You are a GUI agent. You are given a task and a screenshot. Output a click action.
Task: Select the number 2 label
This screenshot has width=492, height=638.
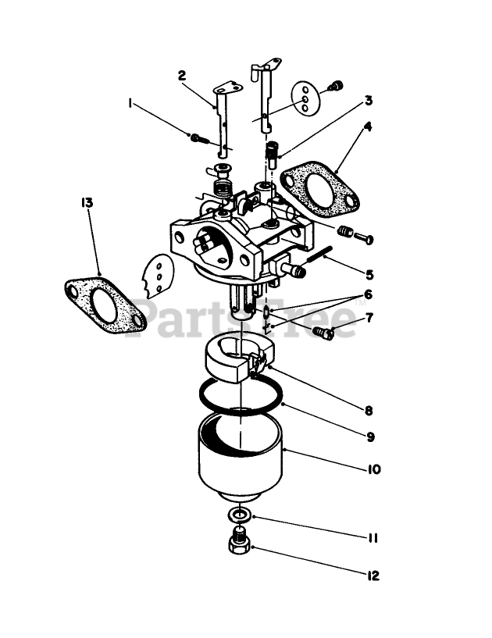[182, 76]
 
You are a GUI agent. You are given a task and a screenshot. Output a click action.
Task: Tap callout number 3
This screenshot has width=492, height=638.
[368, 101]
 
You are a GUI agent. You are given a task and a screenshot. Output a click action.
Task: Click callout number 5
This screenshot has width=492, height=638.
[369, 274]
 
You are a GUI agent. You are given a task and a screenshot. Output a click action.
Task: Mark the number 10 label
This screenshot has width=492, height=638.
[373, 469]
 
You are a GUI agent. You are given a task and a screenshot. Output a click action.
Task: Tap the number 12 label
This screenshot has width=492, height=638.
[373, 576]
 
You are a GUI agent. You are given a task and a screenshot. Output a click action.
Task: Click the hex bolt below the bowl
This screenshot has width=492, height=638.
[241, 542]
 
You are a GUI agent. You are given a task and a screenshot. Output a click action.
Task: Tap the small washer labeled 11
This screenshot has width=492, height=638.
[240, 515]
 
